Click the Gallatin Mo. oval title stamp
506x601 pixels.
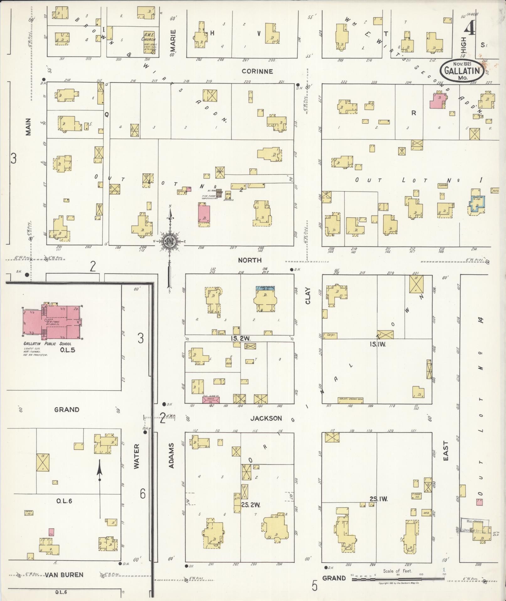462,71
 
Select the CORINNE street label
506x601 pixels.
257,71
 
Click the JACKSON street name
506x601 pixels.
266,418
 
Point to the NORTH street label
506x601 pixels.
250,260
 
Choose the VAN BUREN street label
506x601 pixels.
64,575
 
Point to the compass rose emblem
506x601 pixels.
170,241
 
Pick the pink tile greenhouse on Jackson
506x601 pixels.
211,400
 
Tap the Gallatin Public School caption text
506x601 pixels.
47,344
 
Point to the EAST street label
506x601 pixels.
445,451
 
